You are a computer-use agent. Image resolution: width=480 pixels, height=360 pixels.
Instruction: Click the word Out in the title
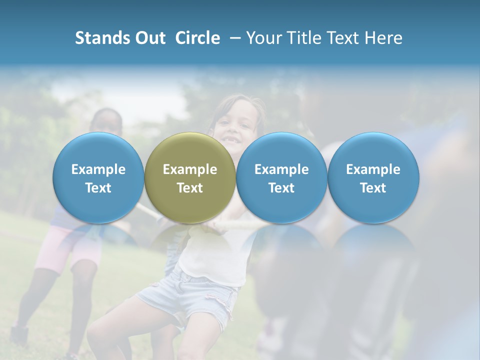(x=150, y=38)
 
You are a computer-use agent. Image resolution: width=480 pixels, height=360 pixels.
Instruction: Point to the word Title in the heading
(x=305, y=38)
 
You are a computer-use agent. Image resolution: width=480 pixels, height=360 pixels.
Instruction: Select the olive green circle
(x=190, y=178)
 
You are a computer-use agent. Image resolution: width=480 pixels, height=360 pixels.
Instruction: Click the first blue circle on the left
(x=98, y=178)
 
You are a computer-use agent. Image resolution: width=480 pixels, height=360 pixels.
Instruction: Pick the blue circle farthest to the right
(x=373, y=178)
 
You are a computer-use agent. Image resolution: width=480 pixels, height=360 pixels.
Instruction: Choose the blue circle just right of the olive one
(x=281, y=178)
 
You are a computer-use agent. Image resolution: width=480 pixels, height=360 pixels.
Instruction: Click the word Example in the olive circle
(x=190, y=169)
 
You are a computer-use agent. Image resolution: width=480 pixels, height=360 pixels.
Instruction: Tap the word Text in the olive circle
(x=190, y=188)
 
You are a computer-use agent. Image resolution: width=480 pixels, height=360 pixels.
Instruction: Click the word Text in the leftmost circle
(x=98, y=188)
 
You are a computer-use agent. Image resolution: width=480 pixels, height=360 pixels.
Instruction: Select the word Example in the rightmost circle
(x=373, y=169)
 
